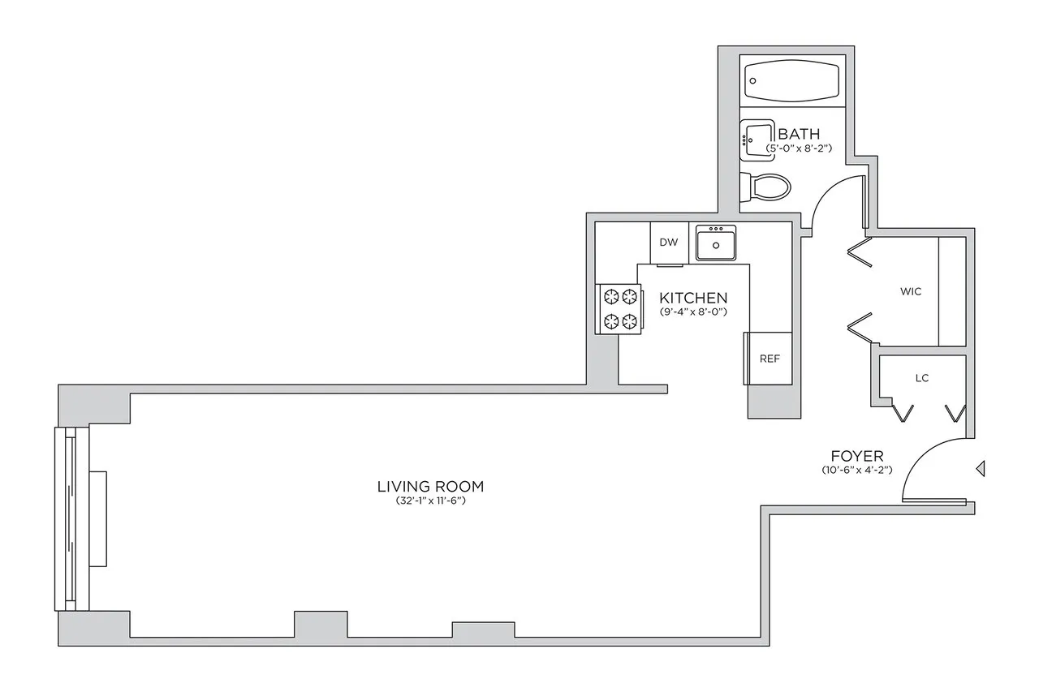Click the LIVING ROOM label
pos(430,487)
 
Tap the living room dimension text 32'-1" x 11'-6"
pos(430,502)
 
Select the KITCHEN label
pos(692,298)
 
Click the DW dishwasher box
pos(669,243)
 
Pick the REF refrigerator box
pos(769,358)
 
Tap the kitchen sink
pos(715,243)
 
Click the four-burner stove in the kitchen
pos(619,308)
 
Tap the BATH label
pos(799,134)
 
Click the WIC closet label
pos(911,291)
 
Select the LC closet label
pos(921,378)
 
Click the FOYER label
pos(856,456)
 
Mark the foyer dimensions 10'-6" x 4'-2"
pos(856,471)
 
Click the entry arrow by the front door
pos(981,468)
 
